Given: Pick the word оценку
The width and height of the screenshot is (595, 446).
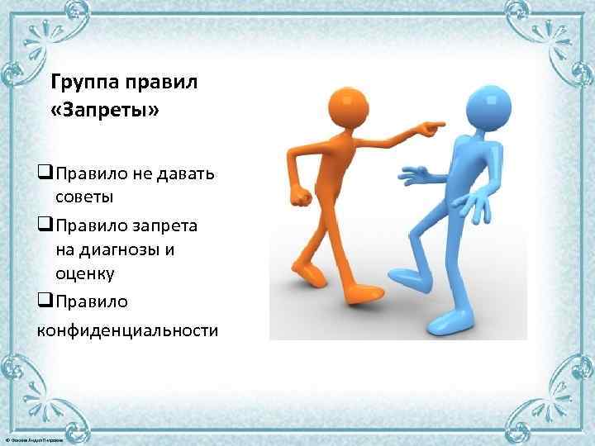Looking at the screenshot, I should tap(85, 273).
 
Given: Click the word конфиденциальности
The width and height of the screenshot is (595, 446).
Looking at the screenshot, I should tap(127, 330).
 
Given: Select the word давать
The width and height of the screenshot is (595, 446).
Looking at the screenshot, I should tap(183, 173).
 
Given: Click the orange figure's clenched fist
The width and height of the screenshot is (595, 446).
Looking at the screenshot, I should tap(302, 197).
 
